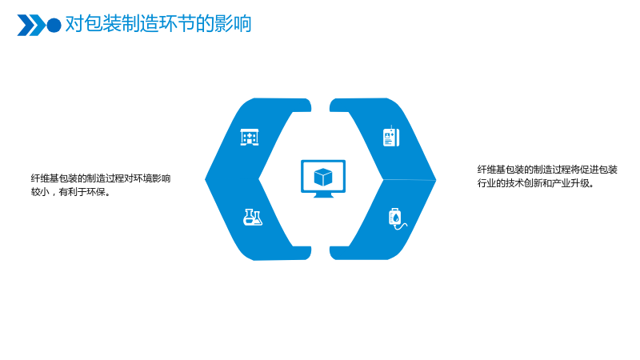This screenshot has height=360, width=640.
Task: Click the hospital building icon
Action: pyautogui.click(x=250, y=137)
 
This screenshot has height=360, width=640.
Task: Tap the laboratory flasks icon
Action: pyautogui.click(x=253, y=217)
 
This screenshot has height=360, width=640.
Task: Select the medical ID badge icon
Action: pyautogui.click(x=391, y=136)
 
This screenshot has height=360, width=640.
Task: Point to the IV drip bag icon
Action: pyautogui.click(x=397, y=218)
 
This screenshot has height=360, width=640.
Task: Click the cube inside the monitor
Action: pyautogui.click(x=323, y=177)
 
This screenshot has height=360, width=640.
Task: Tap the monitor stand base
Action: pyautogui.click(x=323, y=195)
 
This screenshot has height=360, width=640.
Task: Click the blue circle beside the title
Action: pyautogui.click(x=54, y=26)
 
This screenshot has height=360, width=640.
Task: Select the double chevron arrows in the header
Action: pyautogui.click(x=31, y=26)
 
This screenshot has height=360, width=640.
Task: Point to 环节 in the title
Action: pyautogui.click(x=177, y=24)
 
